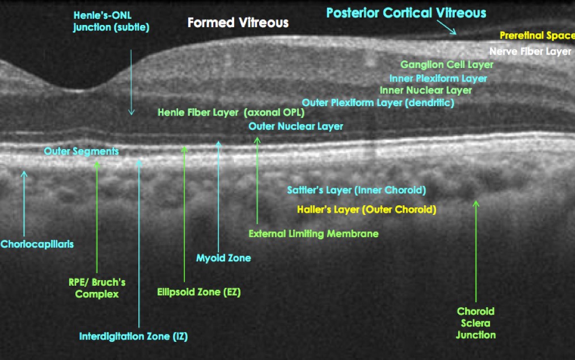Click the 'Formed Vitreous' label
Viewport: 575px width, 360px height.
238,23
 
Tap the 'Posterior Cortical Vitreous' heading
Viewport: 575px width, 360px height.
406,12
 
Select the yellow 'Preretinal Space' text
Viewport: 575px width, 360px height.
536,36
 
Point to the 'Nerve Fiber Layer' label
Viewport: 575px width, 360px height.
530,52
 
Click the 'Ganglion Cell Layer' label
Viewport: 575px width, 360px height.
447,65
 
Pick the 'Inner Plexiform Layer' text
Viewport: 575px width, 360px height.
438,78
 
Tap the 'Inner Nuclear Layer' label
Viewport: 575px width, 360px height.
425,90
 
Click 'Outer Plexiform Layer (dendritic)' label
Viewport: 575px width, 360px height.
378,103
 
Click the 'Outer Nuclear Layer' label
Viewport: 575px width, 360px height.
295,126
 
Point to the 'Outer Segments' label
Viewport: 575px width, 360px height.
81,151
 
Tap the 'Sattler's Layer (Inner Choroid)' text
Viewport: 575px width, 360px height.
356,190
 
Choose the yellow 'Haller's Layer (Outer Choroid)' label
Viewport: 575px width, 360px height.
366,210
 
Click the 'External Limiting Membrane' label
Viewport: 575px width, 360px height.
313,234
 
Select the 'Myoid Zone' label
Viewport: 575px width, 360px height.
223,258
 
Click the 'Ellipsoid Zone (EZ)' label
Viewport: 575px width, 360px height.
198,293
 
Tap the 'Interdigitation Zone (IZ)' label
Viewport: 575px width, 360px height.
133,336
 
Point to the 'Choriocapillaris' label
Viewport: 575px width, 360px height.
37,244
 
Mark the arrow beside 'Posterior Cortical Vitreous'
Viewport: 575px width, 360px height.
448,28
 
